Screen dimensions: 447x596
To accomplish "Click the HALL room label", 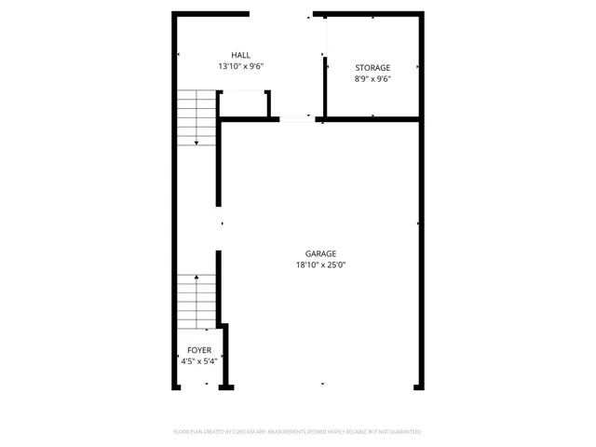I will click(x=241, y=55).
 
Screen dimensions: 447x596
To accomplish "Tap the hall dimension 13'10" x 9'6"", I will click(x=241, y=67).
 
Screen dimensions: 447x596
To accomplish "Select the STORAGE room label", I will click(x=372, y=67).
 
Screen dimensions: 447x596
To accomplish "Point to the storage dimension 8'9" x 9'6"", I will click(x=372, y=79).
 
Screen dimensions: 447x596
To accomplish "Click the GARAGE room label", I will click(x=320, y=253).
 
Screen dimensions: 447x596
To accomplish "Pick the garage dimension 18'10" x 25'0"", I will click(x=320, y=265).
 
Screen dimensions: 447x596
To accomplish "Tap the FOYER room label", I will click(x=198, y=350).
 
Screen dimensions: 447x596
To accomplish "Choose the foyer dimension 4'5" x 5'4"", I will click(x=198, y=362).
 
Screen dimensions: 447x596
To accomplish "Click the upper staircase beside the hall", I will click(x=196, y=116).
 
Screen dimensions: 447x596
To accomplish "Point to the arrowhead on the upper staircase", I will click(x=196, y=142).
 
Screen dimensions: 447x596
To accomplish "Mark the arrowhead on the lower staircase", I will click(x=196, y=278).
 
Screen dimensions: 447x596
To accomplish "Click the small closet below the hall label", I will click(x=244, y=103).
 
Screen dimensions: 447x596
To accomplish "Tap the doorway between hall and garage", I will click(x=297, y=118).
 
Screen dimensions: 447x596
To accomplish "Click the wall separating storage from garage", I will click(x=372, y=118).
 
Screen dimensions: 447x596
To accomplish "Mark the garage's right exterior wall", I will click(x=421, y=251).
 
